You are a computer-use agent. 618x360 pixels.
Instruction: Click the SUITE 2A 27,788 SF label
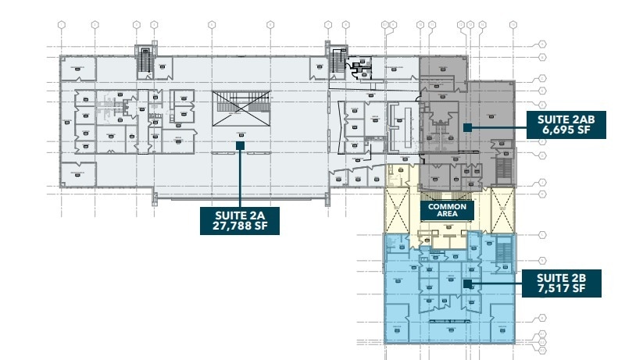click(x=240, y=221)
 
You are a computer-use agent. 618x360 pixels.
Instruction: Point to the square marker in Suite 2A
click(x=240, y=144)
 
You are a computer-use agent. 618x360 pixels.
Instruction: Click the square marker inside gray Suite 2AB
click(x=466, y=126)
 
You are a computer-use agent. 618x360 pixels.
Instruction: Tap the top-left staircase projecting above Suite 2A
click(x=144, y=62)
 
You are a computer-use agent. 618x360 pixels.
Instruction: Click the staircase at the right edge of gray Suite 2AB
click(x=504, y=168)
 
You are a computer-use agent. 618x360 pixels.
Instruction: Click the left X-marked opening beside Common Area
click(x=401, y=209)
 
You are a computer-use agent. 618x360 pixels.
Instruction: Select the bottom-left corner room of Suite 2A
click(x=77, y=173)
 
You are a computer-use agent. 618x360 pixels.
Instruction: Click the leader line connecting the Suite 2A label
click(x=240, y=177)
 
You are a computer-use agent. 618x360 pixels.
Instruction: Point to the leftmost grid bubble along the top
click(x=62, y=25)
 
